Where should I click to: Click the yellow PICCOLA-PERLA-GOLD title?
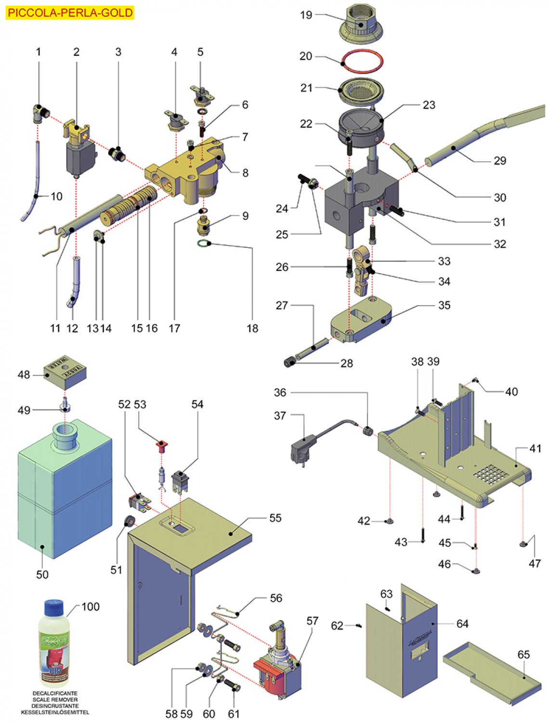70,13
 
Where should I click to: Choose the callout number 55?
275,518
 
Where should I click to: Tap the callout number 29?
500,160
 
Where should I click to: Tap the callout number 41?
535,449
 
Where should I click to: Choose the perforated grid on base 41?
490,474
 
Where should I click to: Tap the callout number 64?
462,624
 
